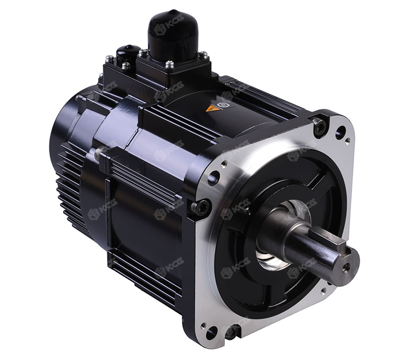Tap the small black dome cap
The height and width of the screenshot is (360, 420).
pyautogui.click(x=128, y=53)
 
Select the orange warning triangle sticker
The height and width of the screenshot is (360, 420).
pyautogui.click(x=212, y=108)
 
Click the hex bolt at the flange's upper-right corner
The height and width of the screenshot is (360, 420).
pyautogui.click(x=319, y=125)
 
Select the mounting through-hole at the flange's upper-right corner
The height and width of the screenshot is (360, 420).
pyautogui.click(x=340, y=132)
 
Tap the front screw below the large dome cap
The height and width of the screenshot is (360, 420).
pyautogui.click(x=170, y=65)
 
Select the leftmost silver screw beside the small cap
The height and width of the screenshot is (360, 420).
pyautogui.click(x=109, y=59)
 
